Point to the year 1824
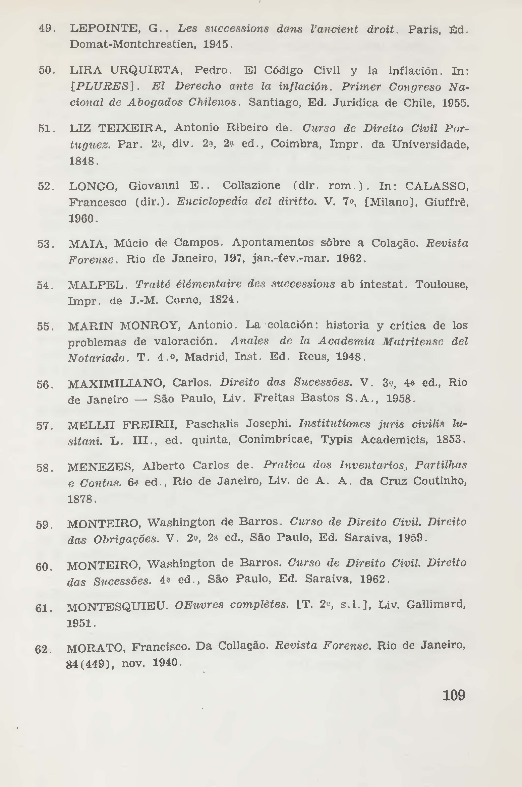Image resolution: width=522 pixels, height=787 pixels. pos(222,300)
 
